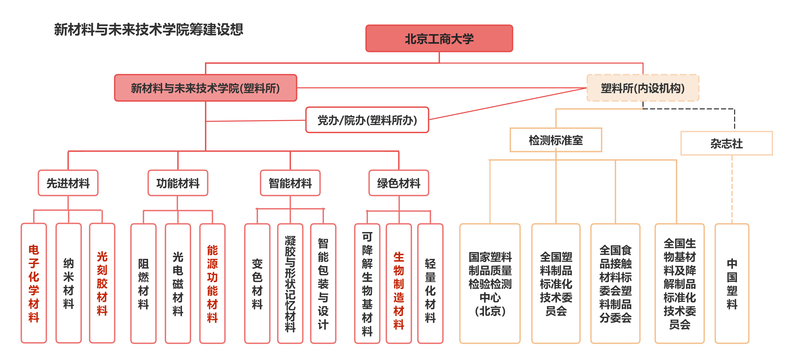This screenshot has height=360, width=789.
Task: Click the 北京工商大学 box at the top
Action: click(439, 39)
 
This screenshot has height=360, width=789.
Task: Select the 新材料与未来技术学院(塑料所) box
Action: click(205, 88)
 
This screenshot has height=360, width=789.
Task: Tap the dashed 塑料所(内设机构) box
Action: click(643, 88)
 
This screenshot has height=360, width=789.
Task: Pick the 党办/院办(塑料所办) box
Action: click(367, 120)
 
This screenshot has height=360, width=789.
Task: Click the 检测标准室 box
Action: click(556, 140)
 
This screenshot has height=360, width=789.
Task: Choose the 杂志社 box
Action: click(726, 143)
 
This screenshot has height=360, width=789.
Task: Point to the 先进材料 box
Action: click(68, 183)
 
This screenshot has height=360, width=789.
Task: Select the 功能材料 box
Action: click(178, 183)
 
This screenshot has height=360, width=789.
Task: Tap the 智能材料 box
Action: click(290, 183)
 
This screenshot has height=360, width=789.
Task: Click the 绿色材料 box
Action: click(399, 183)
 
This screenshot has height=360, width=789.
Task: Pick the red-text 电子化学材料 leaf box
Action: click(34, 283)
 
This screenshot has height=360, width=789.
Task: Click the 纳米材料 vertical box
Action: click(68, 283)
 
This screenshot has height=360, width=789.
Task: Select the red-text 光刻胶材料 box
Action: click(102, 283)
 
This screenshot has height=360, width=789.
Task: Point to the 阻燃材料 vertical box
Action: click(143, 283)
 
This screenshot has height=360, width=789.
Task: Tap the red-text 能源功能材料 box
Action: click(212, 283)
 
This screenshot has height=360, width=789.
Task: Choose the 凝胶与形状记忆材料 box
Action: click(290, 283)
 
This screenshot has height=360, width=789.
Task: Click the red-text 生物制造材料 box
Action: click(399, 283)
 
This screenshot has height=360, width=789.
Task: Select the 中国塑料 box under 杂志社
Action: click(732, 283)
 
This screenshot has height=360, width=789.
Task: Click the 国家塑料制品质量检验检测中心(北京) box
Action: click(490, 283)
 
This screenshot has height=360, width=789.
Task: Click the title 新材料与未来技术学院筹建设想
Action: click(149, 29)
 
